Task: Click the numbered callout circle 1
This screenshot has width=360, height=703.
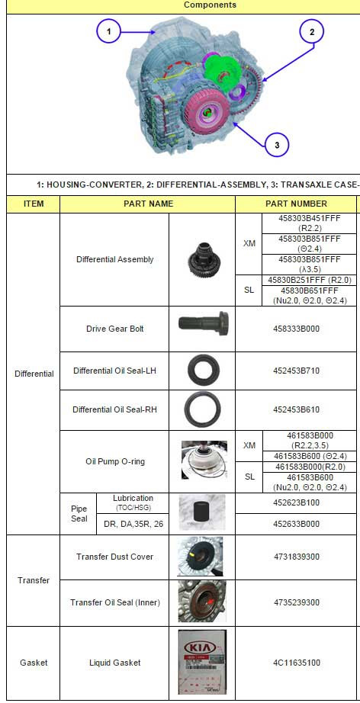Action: click(x=109, y=32)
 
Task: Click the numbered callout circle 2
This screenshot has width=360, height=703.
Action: click(x=311, y=32)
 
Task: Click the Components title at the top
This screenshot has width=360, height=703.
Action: click(x=210, y=5)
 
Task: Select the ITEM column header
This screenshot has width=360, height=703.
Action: click(x=34, y=204)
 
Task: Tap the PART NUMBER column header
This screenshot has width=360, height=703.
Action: click(x=296, y=204)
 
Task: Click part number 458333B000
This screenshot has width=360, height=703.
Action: click(x=296, y=329)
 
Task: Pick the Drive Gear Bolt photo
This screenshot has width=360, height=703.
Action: click(x=201, y=329)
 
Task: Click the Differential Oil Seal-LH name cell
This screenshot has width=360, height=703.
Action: click(x=114, y=371)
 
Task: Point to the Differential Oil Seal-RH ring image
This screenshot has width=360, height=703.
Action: click(x=201, y=409)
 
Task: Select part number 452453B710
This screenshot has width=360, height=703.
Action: click(x=296, y=371)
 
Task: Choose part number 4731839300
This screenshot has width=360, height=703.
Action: click(x=296, y=557)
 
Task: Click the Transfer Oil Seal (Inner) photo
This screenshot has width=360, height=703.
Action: click(x=201, y=602)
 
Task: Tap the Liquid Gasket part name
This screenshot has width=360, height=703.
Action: click(x=114, y=663)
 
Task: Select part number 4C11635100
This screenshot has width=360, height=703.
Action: click(x=296, y=663)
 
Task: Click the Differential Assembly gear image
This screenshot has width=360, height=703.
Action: click(x=201, y=259)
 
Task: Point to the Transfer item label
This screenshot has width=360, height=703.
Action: click(x=34, y=580)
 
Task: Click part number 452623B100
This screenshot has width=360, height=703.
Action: click(x=296, y=502)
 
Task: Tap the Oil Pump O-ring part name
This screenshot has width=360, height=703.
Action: click(x=114, y=461)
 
